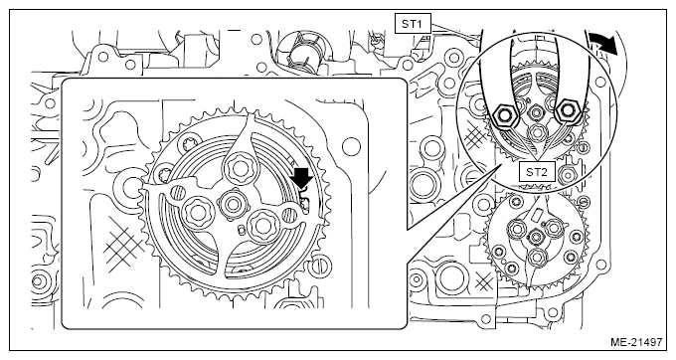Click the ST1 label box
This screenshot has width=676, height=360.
pyautogui.click(x=413, y=24)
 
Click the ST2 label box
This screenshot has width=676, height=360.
pyautogui.click(x=536, y=172)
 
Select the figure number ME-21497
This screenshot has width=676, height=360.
pyautogui.click(x=636, y=342)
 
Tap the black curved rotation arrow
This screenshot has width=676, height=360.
pyautogui.click(x=603, y=43)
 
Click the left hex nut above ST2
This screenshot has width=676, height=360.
pyautogui.click(x=503, y=114)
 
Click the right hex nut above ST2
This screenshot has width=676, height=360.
pyautogui.click(x=567, y=111)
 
